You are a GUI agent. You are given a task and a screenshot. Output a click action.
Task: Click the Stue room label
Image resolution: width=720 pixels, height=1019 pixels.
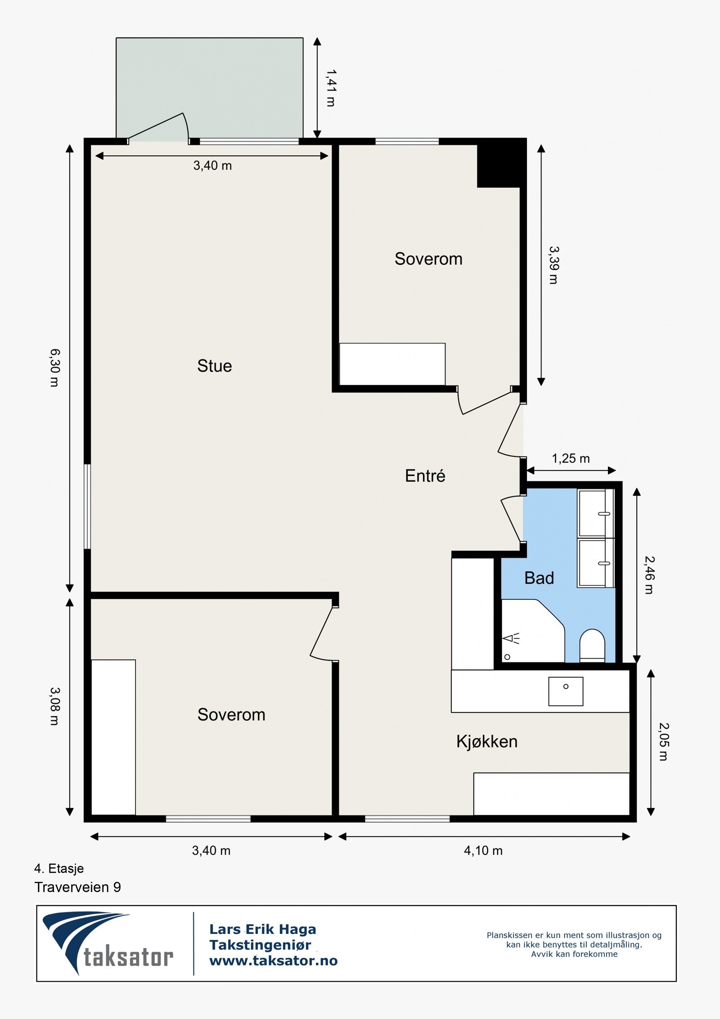[214, 366]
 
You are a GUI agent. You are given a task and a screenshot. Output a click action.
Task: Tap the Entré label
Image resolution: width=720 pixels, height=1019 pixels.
[425, 476]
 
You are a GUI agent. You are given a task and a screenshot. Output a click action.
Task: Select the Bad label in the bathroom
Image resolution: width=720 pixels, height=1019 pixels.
[539, 578]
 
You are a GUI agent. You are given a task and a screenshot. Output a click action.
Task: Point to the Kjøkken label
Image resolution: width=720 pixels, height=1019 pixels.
[487, 741]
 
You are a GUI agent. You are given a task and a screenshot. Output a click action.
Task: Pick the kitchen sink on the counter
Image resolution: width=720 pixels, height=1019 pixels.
[566, 691]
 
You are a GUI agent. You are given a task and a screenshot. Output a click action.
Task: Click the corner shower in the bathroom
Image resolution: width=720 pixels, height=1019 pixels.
[533, 631]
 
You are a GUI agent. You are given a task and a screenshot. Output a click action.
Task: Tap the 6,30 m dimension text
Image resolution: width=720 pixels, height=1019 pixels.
[54, 367]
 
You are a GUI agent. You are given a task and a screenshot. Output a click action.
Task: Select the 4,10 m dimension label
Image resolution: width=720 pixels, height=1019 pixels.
[483, 850]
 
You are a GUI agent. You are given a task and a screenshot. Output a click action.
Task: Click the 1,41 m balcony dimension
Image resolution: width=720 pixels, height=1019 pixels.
[331, 88]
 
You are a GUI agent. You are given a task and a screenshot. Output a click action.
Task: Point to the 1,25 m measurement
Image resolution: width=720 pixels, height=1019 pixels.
[571, 458]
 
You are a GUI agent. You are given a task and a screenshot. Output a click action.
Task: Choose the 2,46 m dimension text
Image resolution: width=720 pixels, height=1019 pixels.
[649, 575]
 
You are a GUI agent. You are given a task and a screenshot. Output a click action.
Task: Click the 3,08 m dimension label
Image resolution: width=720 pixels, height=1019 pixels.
[54, 706]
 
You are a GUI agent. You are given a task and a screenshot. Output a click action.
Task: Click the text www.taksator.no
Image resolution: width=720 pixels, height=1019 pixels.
[273, 960]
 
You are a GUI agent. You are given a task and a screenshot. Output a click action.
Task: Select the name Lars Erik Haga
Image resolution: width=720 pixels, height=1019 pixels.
[263, 929]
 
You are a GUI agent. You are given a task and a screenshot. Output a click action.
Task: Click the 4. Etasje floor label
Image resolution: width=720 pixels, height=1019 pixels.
[59, 868]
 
